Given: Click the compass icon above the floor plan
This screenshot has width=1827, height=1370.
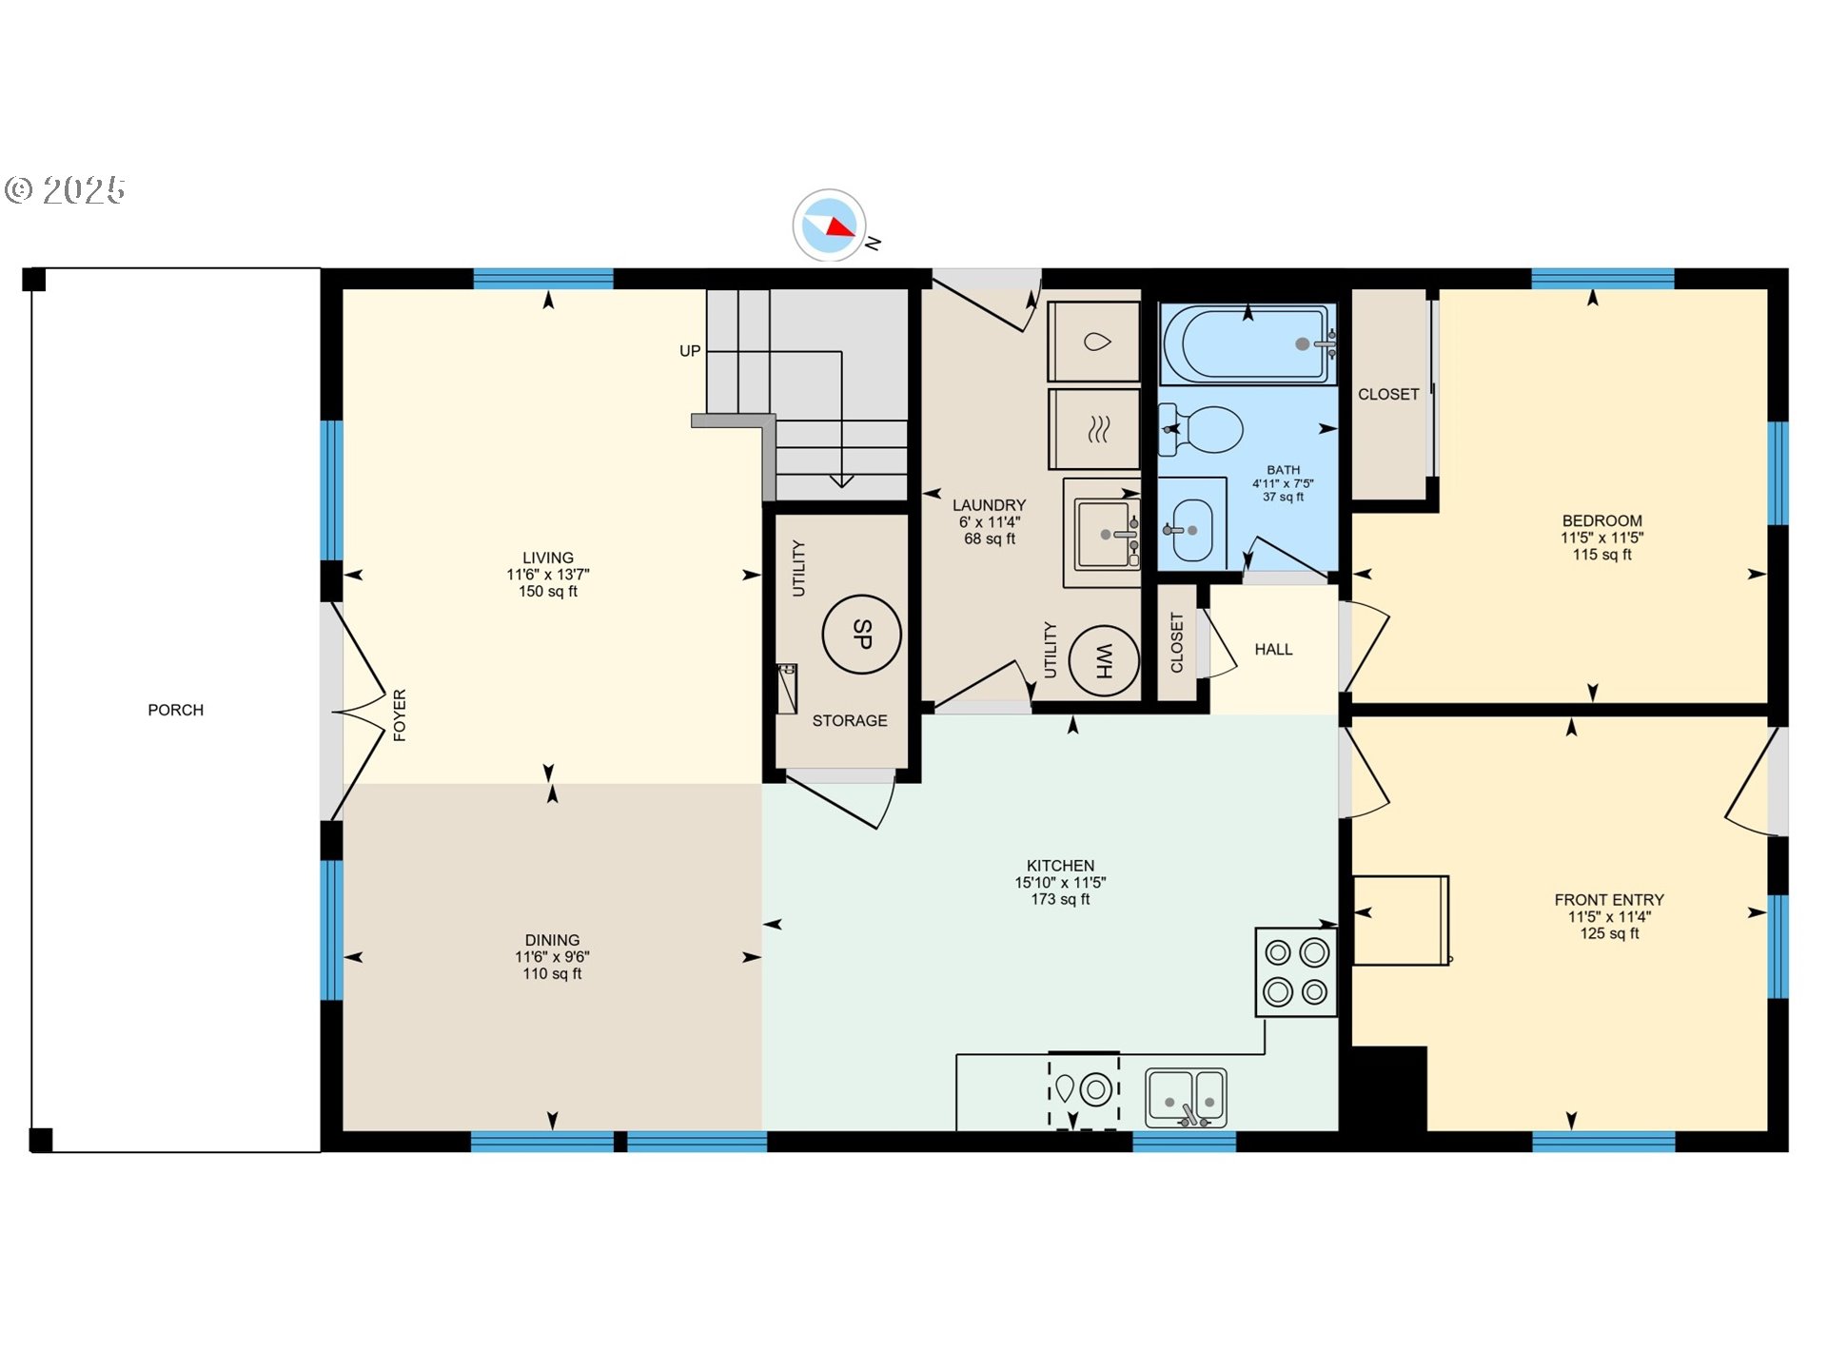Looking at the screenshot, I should [829, 225].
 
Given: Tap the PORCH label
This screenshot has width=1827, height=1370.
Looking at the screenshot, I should [175, 710].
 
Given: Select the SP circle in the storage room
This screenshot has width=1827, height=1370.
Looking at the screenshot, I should [861, 635].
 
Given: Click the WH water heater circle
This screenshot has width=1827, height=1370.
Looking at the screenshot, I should [1104, 659].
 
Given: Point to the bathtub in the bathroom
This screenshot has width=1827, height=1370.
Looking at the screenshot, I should [1247, 343].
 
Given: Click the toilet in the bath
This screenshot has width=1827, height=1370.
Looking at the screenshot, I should [1203, 429].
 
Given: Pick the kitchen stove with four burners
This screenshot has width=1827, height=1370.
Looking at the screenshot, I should [1296, 971].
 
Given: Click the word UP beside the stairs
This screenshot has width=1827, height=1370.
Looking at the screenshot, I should [690, 351].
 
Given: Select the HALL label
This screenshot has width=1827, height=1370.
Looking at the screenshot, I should [1273, 650].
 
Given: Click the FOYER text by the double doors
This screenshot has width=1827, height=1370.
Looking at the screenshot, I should [400, 714].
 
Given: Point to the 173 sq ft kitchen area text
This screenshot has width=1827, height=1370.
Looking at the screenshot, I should [1060, 899].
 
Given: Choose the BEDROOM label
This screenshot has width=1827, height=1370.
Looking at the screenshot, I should [1601, 520].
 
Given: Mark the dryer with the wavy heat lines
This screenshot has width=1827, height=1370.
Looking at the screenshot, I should [1094, 429].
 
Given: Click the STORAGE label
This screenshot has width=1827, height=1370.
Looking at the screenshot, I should [849, 721].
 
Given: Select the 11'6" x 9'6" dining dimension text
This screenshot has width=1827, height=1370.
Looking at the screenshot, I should [552, 957].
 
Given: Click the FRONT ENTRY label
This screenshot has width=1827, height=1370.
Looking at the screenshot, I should [1609, 900].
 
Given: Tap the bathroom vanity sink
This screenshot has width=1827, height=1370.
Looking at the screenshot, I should [1190, 530].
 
